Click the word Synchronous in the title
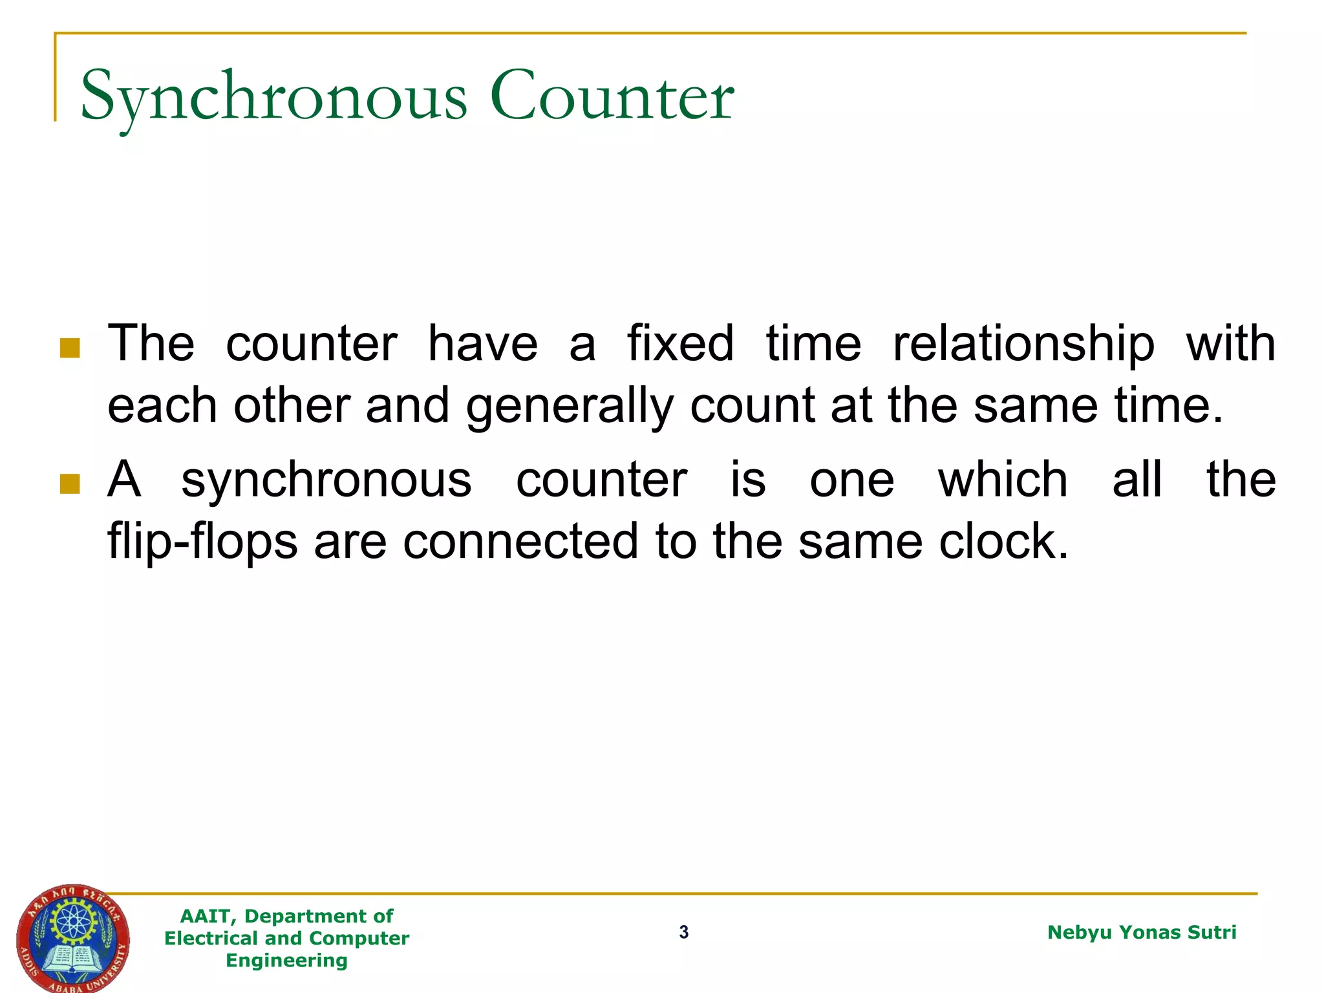click(273, 97)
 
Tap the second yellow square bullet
click(69, 484)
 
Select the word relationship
click(1023, 344)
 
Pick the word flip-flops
click(202, 542)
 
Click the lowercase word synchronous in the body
click(326, 481)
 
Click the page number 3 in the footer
click(684, 932)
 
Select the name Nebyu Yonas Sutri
click(1141, 932)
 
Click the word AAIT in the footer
click(204, 916)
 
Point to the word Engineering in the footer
click(286, 960)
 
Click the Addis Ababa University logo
click(72, 938)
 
